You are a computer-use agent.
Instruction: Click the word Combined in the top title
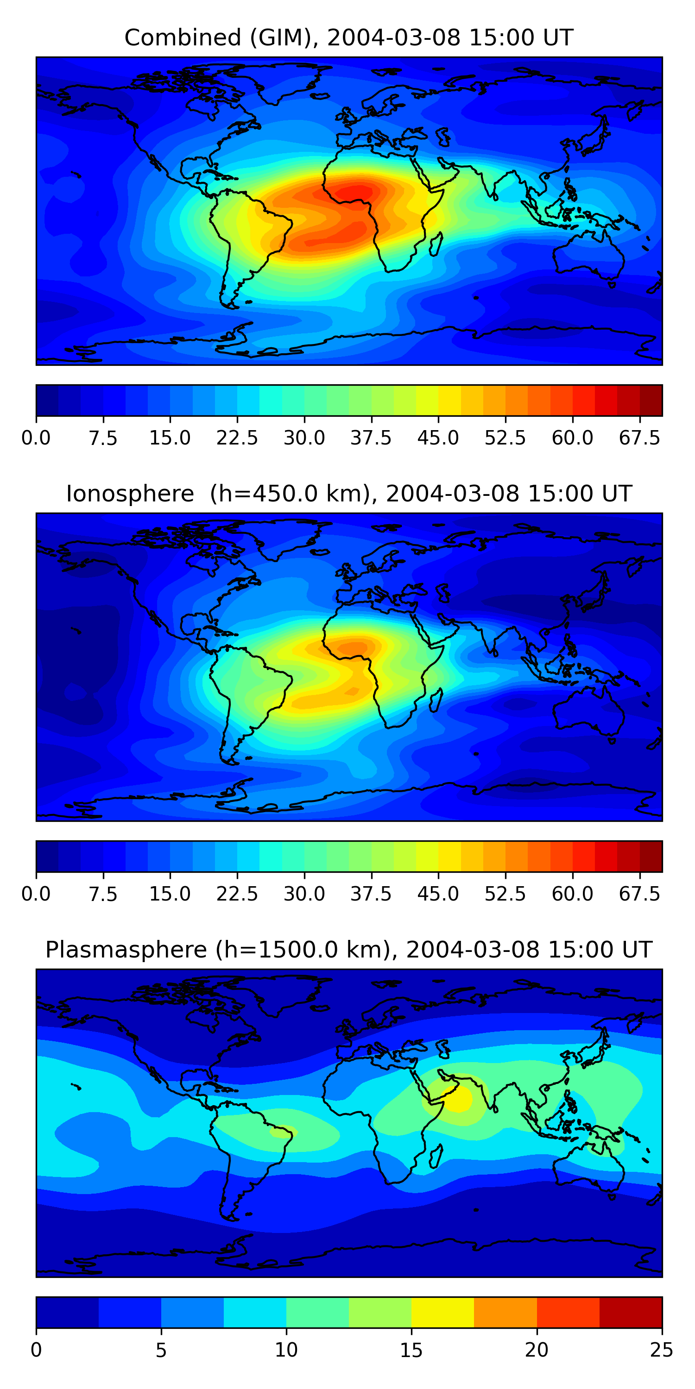[x=183, y=38]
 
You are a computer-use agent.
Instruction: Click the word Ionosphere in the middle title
[x=130, y=494]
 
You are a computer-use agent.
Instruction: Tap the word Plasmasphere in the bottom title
[x=126, y=951]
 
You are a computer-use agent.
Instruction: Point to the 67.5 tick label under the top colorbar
[x=639, y=438]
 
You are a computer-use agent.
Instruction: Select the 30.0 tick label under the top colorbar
[x=304, y=438]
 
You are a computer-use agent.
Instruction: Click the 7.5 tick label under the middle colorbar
[x=103, y=895]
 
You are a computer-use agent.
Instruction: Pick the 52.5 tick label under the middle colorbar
[x=505, y=895]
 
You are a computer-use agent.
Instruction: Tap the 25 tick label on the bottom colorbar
[x=662, y=1351]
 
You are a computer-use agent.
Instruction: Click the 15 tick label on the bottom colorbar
[x=411, y=1351]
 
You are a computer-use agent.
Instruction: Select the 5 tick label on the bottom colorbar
[x=161, y=1351]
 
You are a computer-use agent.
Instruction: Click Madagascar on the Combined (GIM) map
[x=436, y=244]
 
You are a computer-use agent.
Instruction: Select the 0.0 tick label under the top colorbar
[x=36, y=438]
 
